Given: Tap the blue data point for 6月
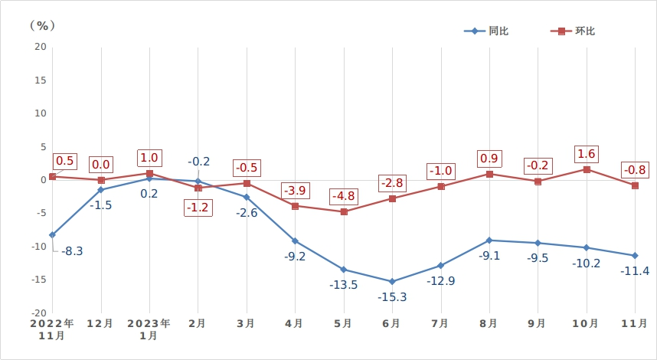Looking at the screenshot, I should tap(392, 281).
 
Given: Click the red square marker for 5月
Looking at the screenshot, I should tap(344, 211).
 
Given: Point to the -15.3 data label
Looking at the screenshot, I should tap(392, 297).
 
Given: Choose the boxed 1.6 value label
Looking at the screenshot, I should tap(587, 153).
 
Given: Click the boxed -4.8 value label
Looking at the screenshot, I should tap(344, 195).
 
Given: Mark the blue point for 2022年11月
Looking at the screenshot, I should tap(52, 234).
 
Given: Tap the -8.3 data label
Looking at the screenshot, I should tap(71, 250).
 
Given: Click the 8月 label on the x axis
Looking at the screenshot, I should tap(489, 324).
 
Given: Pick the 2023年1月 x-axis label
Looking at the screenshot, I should tap(149, 329).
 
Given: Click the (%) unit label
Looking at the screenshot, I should tap(43, 25).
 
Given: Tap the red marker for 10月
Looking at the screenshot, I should tap(587, 169).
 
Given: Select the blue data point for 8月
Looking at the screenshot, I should tap(489, 241).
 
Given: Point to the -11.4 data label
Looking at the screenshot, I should tap(635, 270).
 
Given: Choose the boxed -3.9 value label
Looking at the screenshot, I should tap(295, 189).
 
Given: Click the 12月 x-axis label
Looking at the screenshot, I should tap(100, 324).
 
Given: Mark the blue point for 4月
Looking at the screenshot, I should tap(295, 241).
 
